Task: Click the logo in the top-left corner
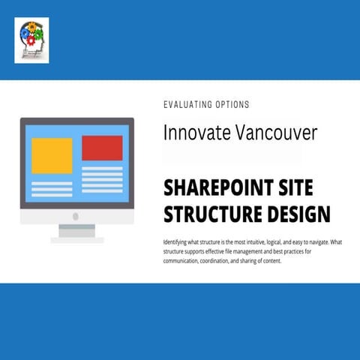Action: tap(31, 40)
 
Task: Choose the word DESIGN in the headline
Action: tap(301, 214)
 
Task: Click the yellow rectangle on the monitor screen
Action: tap(52, 155)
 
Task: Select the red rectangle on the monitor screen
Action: tap(102, 148)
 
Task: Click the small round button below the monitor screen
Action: tap(76, 216)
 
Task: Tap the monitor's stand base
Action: tap(76, 239)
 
